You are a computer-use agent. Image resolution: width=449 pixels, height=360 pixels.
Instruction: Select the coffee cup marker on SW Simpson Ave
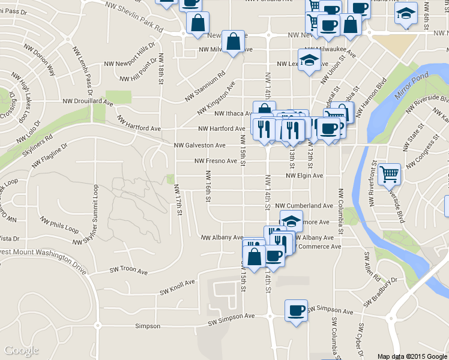pyautogui.click(x=296, y=310)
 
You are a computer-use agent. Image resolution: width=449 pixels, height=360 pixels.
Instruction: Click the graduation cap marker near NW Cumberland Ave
pyautogui.click(x=292, y=221)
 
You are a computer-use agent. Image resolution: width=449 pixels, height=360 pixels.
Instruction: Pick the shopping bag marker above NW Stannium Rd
pyautogui.click(x=234, y=41)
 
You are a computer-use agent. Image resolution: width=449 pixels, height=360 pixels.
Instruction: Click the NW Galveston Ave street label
pyautogui.click(x=200, y=145)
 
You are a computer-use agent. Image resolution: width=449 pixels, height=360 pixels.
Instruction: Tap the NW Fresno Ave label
pyautogui.click(x=215, y=161)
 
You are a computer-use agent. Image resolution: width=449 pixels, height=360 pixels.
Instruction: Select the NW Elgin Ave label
pyautogui.click(x=304, y=176)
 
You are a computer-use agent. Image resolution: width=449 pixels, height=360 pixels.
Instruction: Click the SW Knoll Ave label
pyautogui.click(x=177, y=287)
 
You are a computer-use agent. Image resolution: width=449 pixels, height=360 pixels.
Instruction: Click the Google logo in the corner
pyautogui.click(x=21, y=350)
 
